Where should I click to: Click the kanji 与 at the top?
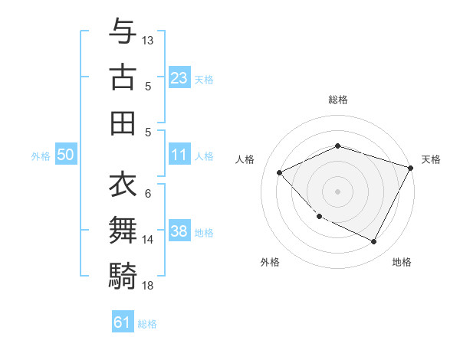(123, 32)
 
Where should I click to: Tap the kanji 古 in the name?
(123, 77)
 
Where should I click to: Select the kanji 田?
(123, 123)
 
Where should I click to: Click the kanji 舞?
(123, 230)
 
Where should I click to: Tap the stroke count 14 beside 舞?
(148, 240)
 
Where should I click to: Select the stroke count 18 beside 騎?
(148, 285)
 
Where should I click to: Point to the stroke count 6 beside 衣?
(148, 194)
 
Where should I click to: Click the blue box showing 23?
(179, 78)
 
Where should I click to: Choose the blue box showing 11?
(179, 155)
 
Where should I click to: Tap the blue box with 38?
(179, 232)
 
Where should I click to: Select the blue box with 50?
(66, 155)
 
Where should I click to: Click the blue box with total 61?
(123, 322)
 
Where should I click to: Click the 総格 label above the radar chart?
(338, 100)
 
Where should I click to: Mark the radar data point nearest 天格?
(412, 169)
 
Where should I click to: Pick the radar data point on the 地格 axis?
(374, 242)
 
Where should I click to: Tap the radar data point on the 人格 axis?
(280, 172)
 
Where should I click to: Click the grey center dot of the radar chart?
(338, 191)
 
